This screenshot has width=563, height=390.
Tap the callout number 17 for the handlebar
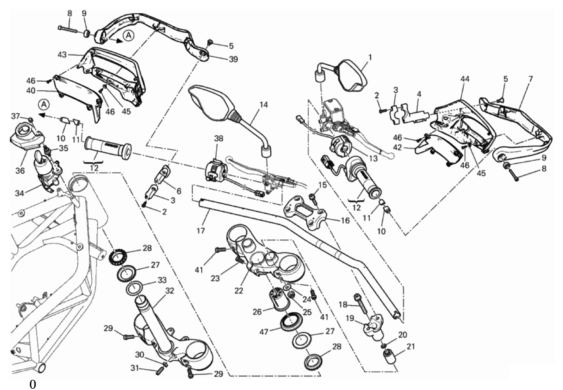(x=201, y=230)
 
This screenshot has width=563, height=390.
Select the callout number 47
(x=264, y=332)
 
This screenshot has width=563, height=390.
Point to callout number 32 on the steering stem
(x=169, y=291)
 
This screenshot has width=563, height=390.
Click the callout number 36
(x=20, y=171)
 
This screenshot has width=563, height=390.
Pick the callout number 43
(x=62, y=54)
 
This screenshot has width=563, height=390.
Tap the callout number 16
(x=345, y=220)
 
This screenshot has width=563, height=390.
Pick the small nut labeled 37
(x=30, y=119)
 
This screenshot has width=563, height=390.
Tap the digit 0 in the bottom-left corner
(x=33, y=385)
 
